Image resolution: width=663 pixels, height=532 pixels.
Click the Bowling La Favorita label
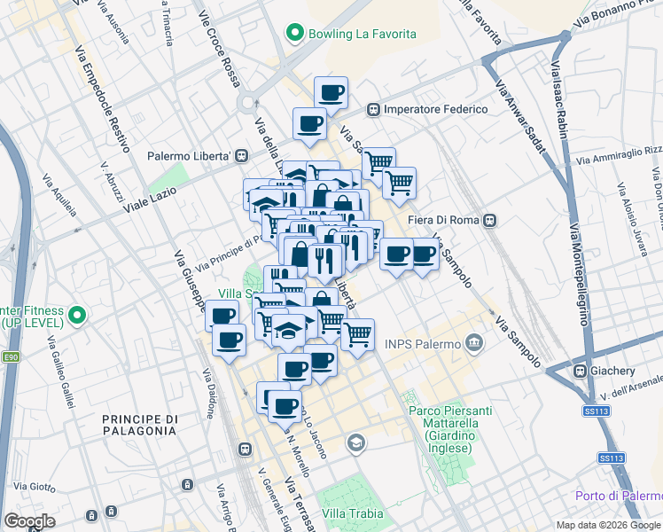pos(362,35)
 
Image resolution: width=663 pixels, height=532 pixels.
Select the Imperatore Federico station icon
pos(373,109)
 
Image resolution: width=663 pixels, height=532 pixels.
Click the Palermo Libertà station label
pos(189,155)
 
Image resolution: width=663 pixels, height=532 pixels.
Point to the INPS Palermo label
pos(423,343)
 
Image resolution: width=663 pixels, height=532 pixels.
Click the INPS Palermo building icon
pos(475,343)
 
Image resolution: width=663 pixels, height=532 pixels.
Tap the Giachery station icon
pos(581,371)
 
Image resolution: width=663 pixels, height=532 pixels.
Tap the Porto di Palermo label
pos(618,496)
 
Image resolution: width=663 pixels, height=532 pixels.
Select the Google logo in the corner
pos(30,521)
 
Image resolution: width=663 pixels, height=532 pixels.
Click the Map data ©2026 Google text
pos(608,525)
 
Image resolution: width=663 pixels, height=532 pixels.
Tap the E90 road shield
pos(11,357)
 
